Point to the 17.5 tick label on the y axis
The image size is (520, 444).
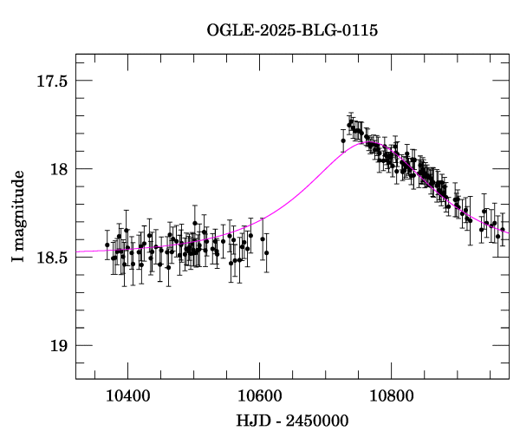tap(52, 81)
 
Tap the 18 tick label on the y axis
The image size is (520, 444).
tap(58, 169)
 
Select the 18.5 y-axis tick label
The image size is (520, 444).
tap(52, 258)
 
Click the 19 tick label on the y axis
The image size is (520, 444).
tap(58, 346)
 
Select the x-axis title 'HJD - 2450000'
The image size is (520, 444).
tap(292, 421)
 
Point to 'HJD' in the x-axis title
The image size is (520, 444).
tap(251, 421)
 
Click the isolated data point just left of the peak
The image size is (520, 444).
tap(343, 140)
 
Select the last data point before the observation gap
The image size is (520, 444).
tap(266, 252)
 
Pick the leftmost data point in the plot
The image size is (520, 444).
tap(107, 245)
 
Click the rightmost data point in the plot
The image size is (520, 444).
tap(503, 230)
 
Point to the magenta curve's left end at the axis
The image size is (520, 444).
tap(76, 251)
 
